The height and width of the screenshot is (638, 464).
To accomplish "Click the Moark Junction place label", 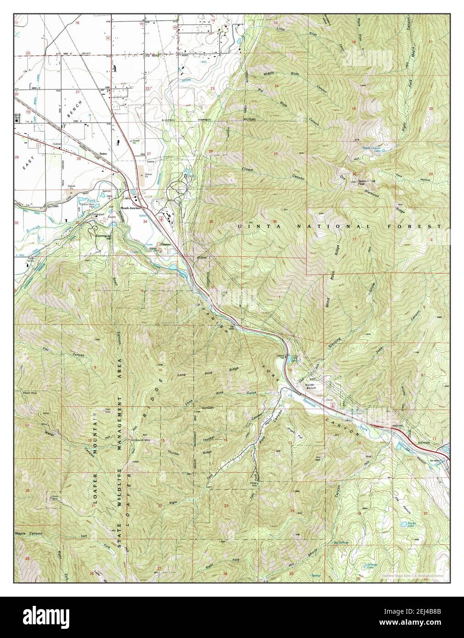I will [x=130, y=207].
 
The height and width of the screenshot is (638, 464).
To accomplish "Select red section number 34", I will [x=145, y=221].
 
